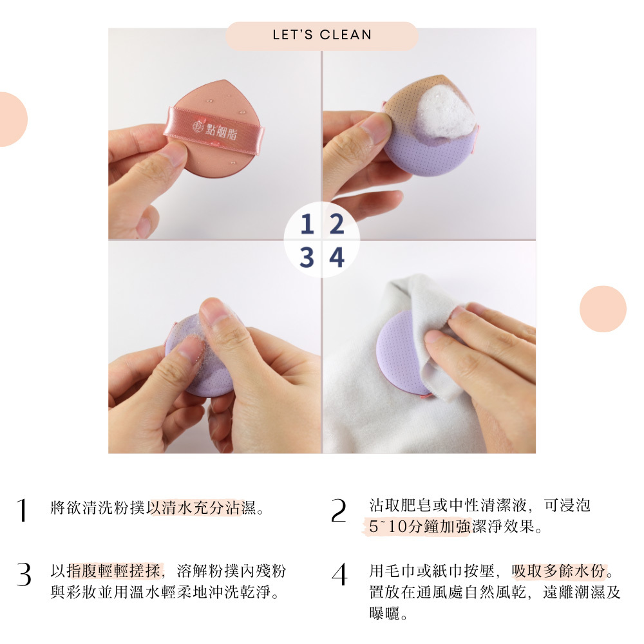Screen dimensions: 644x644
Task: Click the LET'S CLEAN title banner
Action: tap(321, 35)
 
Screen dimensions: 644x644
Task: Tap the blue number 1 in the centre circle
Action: tap(307, 224)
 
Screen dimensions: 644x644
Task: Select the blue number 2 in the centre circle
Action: tap(337, 224)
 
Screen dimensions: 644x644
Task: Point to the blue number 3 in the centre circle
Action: tap(307, 258)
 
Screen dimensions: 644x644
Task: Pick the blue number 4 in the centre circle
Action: tap(337, 258)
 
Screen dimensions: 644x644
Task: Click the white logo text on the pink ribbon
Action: tap(215, 129)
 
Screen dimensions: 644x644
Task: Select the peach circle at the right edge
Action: tap(603, 309)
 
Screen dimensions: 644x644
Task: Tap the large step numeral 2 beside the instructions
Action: tap(339, 511)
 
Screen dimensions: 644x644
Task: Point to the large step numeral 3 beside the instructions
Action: tap(24, 574)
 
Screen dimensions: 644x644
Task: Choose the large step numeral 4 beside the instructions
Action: tap(339, 574)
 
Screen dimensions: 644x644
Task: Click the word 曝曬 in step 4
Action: tap(384, 614)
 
